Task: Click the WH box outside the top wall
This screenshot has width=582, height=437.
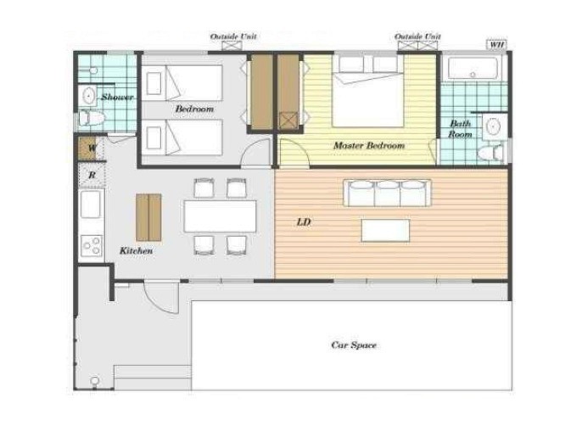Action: (x=496, y=45)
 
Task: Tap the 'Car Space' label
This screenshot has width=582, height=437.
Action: (x=353, y=345)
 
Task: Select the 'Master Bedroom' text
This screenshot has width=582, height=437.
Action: (x=369, y=146)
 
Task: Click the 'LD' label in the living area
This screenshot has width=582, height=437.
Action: (x=304, y=222)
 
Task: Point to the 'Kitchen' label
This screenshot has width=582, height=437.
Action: (x=136, y=251)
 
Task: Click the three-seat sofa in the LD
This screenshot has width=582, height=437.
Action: (x=387, y=193)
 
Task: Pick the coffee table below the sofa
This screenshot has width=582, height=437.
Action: (x=386, y=230)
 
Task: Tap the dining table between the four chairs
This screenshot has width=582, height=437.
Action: (x=220, y=216)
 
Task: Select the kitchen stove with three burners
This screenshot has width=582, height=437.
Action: (x=92, y=246)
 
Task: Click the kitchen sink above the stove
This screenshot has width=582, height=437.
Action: (x=91, y=204)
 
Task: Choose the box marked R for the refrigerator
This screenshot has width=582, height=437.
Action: (x=92, y=175)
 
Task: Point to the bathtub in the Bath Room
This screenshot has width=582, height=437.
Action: (x=473, y=69)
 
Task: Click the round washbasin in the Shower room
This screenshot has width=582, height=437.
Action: (x=88, y=96)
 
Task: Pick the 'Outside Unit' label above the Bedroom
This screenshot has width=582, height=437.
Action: (x=233, y=36)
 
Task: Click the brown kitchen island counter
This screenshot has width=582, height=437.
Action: (x=148, y=217)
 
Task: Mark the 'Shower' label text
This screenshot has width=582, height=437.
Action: (x=117, y=98)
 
